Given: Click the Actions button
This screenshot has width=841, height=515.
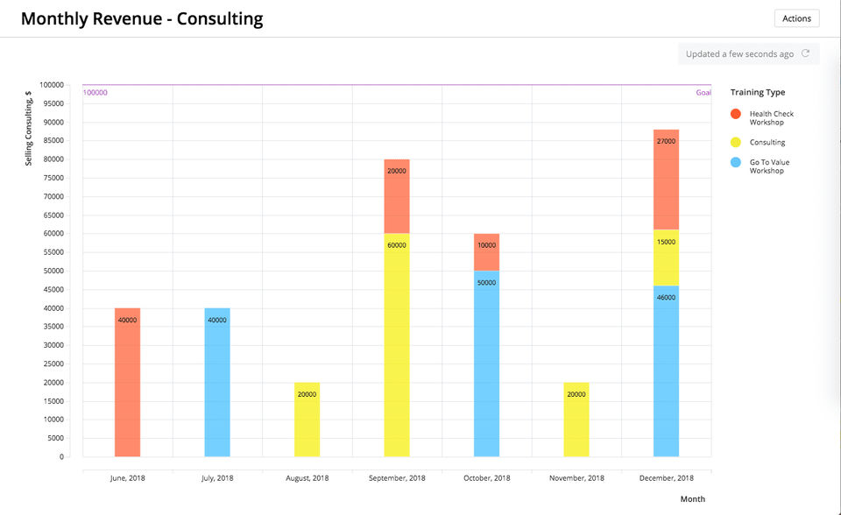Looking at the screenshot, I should tap(796, 18).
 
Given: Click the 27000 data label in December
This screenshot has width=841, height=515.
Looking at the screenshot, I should tap(666, 141).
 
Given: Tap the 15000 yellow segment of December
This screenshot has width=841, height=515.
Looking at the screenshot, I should tap(666, 254).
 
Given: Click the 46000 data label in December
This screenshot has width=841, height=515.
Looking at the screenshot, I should tap(666, 298).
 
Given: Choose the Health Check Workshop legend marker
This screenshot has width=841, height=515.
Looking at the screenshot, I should tap(736, 114).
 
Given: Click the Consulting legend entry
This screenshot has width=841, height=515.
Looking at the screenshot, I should tap(767, 142).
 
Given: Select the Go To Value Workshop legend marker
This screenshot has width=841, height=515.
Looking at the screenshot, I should tap(736, 162).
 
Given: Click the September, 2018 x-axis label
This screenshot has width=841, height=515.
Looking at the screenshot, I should tap(397, 478).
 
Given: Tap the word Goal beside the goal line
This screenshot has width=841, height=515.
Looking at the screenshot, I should tap(703, 92).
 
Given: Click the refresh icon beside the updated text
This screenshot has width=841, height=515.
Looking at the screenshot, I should tap(806, 54).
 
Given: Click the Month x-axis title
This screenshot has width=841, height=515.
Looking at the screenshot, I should tap(693, 499).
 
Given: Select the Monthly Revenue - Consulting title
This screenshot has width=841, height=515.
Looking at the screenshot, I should tap(142, 18).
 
